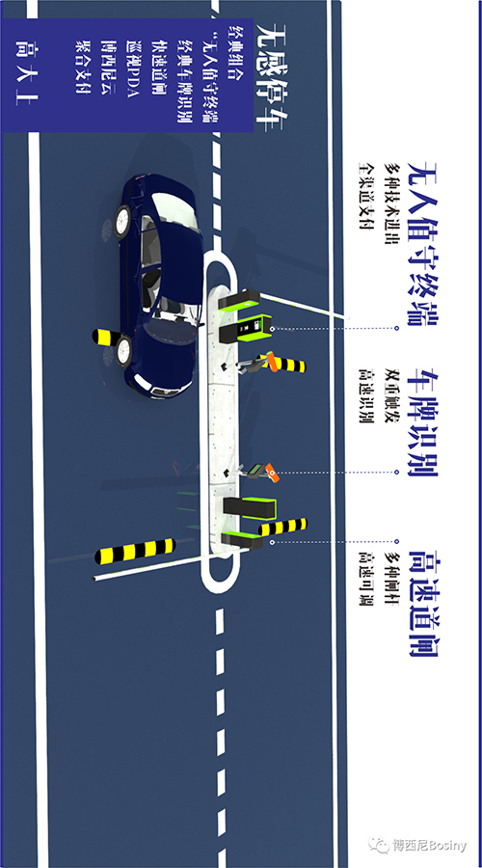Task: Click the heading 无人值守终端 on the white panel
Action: coord(423,244)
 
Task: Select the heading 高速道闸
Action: coord(423,604)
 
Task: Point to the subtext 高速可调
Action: coord(365,578)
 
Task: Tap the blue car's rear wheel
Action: coord(121,221)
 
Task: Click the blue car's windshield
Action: coord(165,333)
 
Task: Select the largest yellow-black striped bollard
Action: coord(136,551)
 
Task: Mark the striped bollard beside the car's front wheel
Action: coord(109,336)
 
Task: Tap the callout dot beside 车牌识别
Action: coord(397,473)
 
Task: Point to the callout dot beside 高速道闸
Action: coord(397,541)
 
